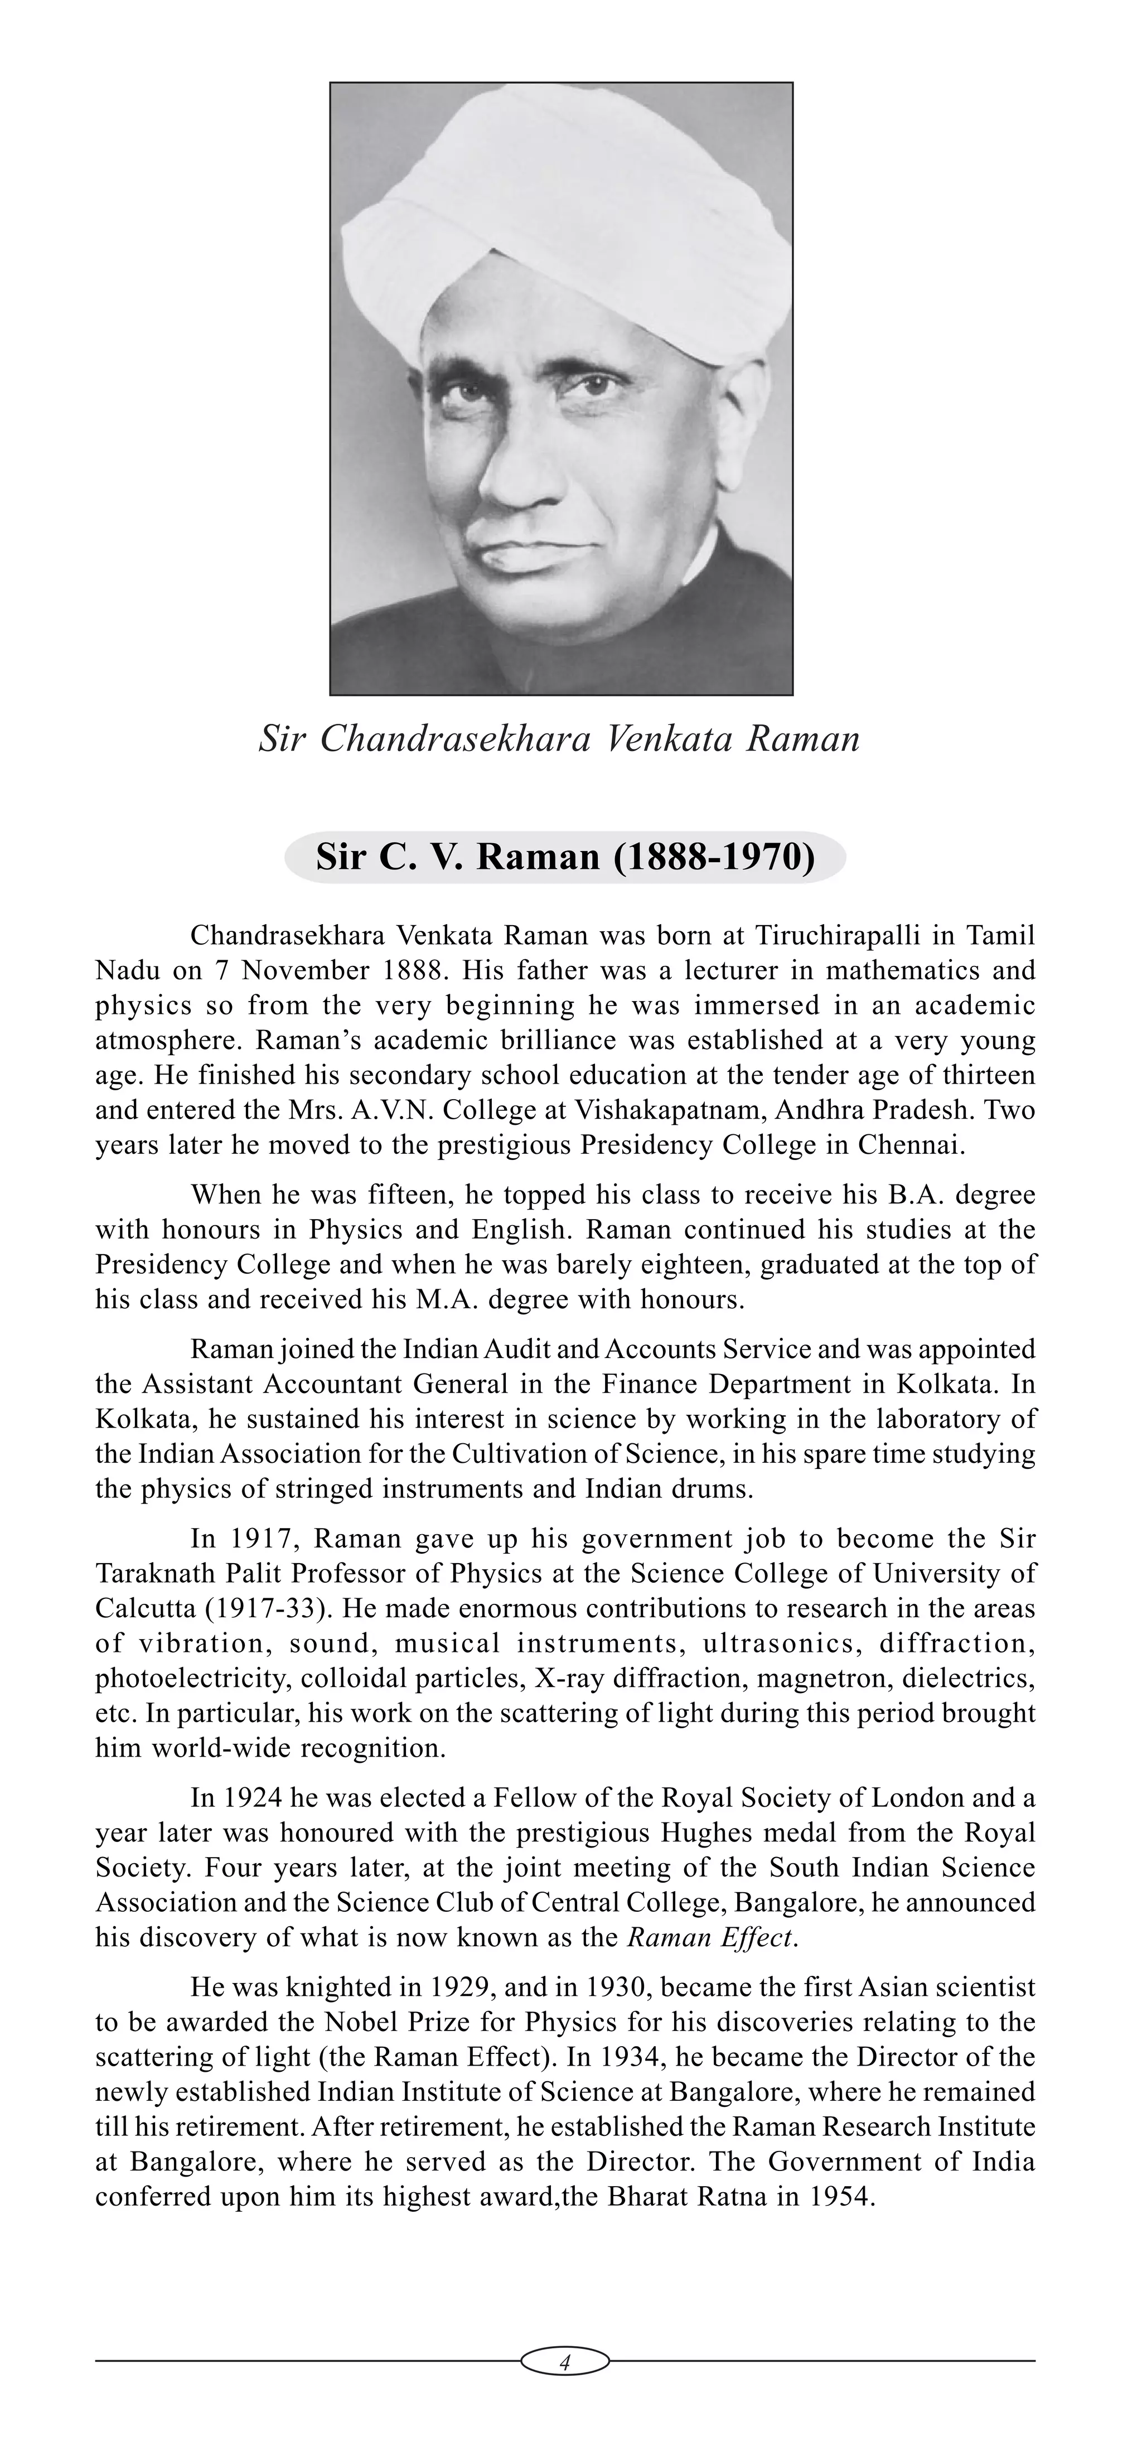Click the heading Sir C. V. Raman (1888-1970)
tap(565, 857)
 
